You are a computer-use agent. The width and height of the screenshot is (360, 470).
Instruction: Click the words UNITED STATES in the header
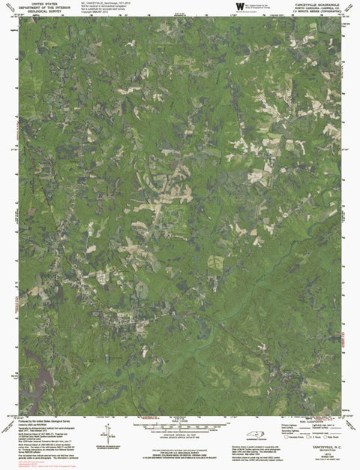[x=46, y=4]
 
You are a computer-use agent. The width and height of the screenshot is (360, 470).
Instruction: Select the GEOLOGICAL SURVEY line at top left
[x=46, y=13]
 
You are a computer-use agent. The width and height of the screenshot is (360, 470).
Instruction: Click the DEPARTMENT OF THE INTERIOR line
[x=46, y=8]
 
